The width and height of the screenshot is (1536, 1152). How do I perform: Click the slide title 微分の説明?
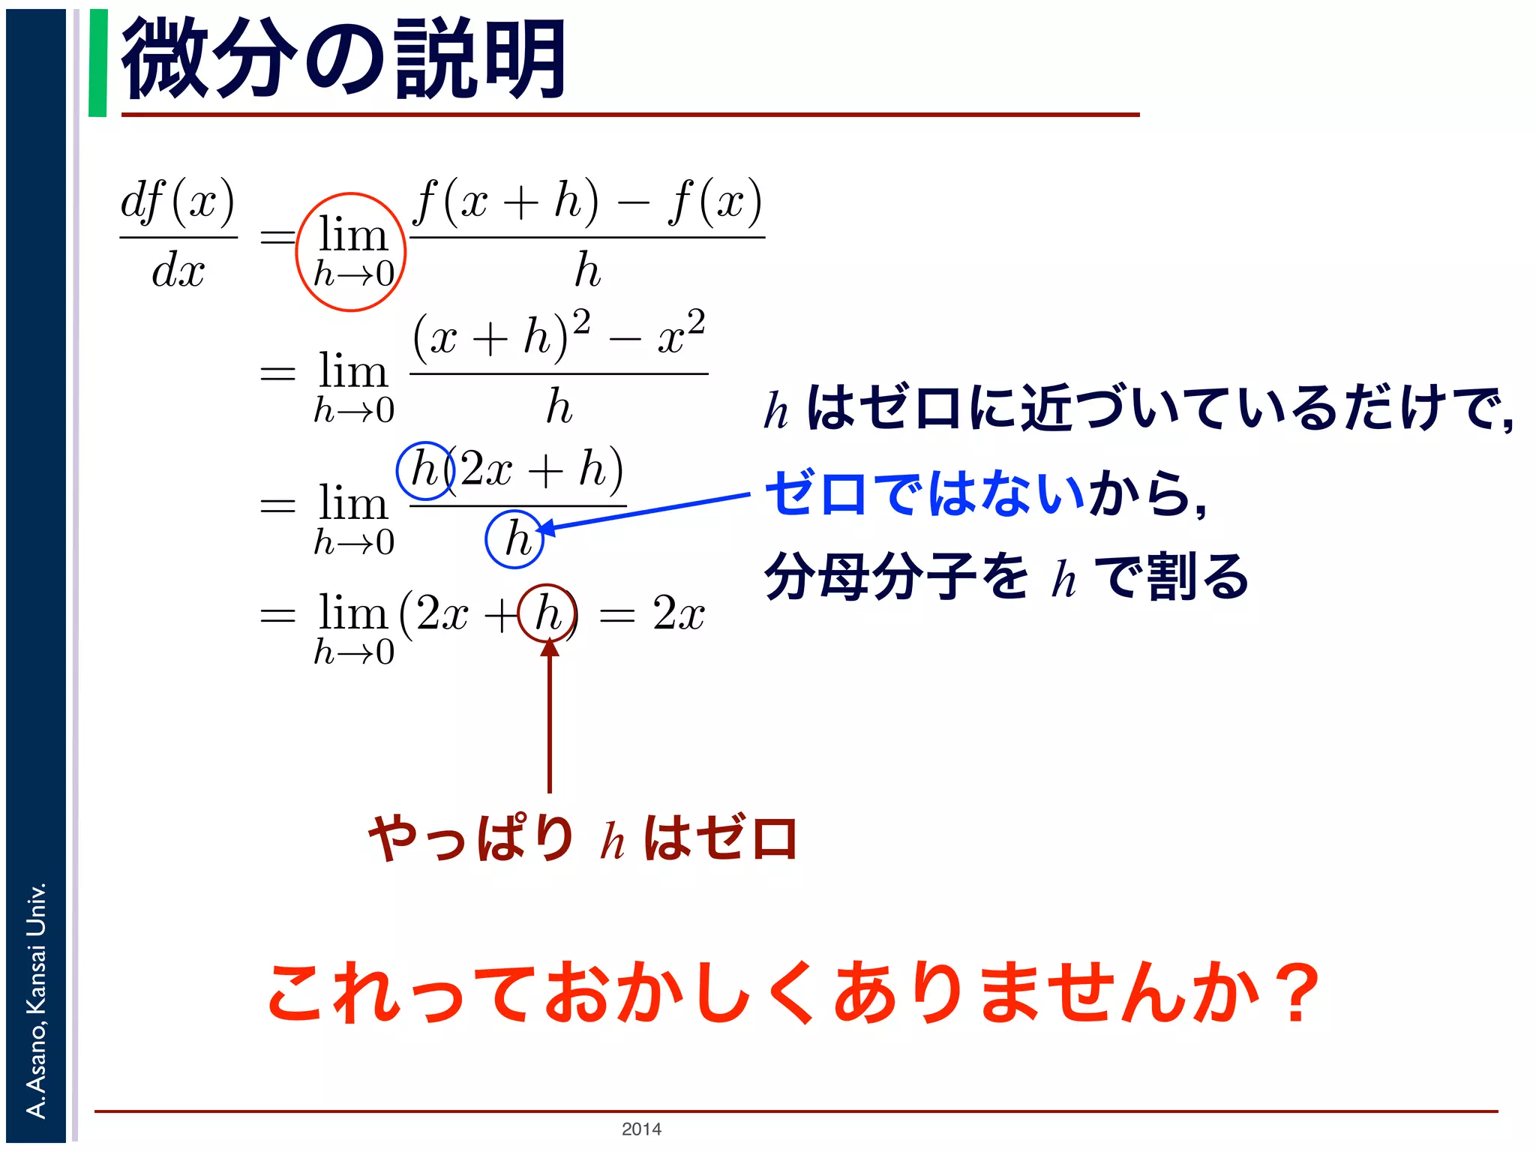(x=343, y=60)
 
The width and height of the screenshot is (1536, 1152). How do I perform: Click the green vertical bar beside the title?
(x=97, y=63)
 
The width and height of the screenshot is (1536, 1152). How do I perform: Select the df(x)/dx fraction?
(x=178, y=235)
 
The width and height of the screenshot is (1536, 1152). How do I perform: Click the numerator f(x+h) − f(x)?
(x=587, y=201)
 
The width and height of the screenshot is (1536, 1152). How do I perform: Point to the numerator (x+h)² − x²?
(x=559, y=335)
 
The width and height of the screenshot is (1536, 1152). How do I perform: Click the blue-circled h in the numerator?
(x=424, y=471)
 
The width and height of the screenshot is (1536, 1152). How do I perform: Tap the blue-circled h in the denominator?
(x=515, y=538)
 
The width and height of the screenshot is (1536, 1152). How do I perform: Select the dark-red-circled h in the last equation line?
(x=548, y=613)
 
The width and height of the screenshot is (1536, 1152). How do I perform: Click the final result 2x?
(x=678, y=613)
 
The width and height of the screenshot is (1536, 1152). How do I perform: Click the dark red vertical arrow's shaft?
(x=550, y=720)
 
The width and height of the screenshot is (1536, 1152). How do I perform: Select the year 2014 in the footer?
(x=641, y=1129)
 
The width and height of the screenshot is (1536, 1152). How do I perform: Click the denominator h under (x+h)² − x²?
(x=559, y=406)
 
